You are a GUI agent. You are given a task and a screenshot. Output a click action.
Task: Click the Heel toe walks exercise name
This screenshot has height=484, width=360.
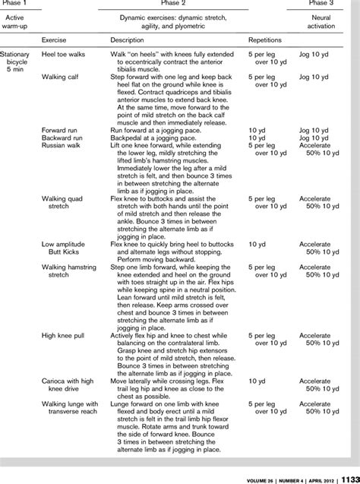click(62, 55)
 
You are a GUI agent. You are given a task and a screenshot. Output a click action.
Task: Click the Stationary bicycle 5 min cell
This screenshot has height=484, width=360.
click(16, 62)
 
